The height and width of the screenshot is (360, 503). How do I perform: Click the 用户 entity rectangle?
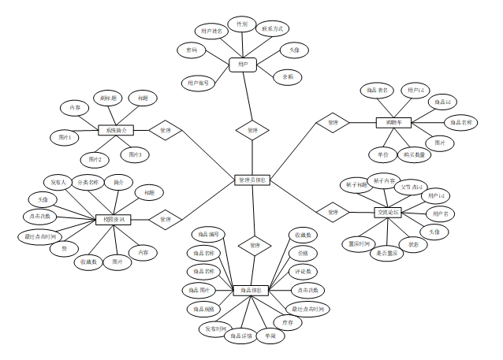(x=243, y=65)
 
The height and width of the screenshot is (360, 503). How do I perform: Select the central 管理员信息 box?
(x=253, y=180)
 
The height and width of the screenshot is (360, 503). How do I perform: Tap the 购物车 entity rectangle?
(x=393, y=122)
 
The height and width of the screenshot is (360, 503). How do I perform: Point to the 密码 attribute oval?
(x=192, y=50)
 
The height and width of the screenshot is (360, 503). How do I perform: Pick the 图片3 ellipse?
(x=135, y=154)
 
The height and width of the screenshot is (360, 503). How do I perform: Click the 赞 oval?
(x=65, y=249)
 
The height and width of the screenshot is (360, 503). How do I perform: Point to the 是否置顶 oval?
(x=385, y=253)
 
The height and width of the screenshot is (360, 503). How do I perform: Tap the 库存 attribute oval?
(x=289, y=322)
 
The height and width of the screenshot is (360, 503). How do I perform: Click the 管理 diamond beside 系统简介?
(x=166, y=129)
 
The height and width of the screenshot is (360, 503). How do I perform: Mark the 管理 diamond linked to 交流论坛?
(x=333, y=212)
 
